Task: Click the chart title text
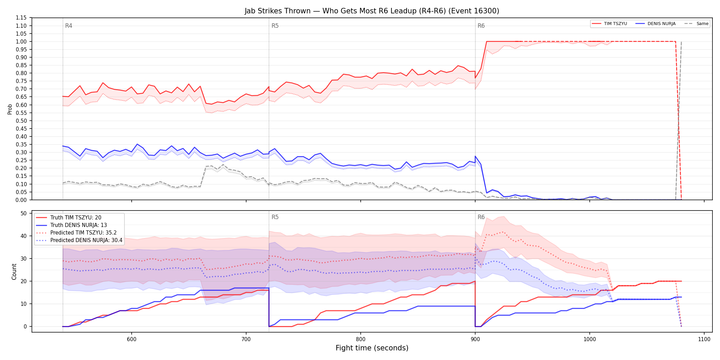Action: pos(372,11)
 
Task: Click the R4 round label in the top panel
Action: pos(69,26)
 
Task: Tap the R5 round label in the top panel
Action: pos(275,26)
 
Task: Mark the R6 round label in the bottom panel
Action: pos(481,217)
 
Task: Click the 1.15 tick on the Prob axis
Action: pos(21,18)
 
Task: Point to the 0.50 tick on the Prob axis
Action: pos(21,121)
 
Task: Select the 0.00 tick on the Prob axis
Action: pos(21,200)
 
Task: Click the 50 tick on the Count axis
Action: pos(24,213)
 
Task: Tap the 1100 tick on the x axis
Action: pos(704,339)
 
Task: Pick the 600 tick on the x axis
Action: pos(132,339)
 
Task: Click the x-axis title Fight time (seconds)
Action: pos(372,348)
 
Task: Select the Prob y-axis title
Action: pos(10,109)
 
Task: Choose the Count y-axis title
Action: pos(14,272)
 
